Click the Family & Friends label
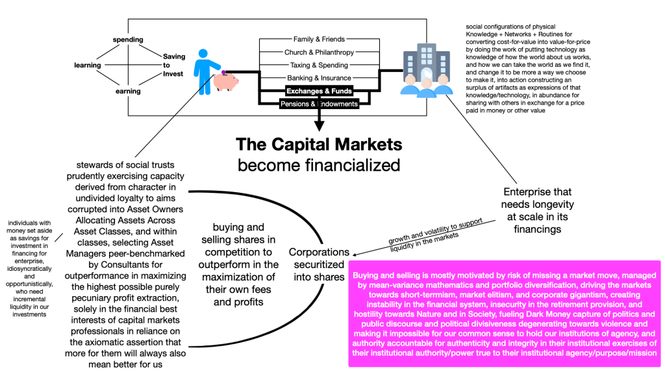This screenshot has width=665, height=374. click(x=319, y=40)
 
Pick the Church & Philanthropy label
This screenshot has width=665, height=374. click(x=319, y=52)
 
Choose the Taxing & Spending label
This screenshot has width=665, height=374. click(x=319, y=65)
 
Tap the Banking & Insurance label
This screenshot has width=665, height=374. click(x=319, y=78)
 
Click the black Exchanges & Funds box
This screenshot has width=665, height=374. click(x=319, y=91)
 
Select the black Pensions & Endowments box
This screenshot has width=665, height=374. click(x=319, y=104)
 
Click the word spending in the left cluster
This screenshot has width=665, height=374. click(x=128, y=40)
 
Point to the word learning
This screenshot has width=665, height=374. click(x=88, y=65)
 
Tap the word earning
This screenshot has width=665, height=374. click(x=128, y=91)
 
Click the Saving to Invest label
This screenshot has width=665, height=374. click(x=173, y=65)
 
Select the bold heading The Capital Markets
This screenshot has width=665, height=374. click(x=319, y=143)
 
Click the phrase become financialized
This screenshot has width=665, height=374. click(x=319, y=165)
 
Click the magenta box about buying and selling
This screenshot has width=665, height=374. click(x=504, y=314)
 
